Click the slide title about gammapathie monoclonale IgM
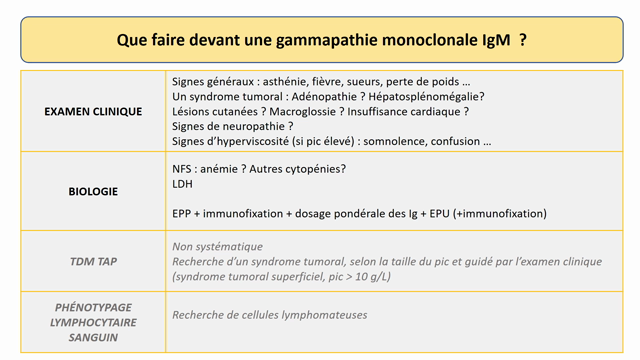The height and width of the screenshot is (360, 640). [321, 40]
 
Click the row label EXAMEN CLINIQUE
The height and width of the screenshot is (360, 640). [93, 111]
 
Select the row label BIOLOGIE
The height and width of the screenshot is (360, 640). [93, 190]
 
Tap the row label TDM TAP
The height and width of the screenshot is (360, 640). [93, 262]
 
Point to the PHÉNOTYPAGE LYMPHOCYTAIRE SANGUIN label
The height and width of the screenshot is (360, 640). [93, 322]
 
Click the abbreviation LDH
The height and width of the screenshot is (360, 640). [183, 184]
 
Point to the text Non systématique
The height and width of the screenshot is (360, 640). [217, 246]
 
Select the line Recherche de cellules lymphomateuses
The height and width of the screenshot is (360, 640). [269, 315]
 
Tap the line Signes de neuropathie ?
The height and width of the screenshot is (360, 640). [232, 126]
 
